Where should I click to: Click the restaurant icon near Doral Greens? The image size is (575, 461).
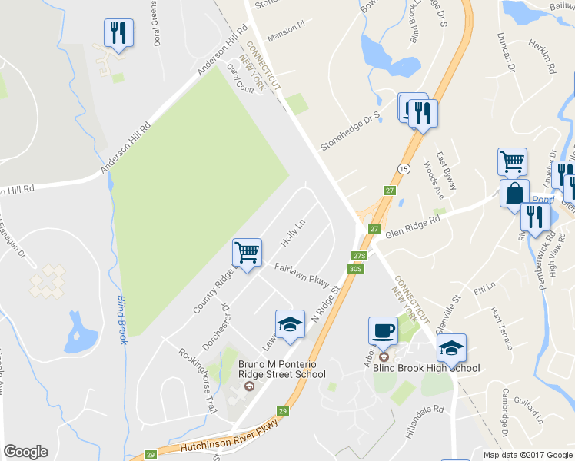pyautogui.click(x=118, y=32)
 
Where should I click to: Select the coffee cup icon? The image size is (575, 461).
pyautogui.click(x=383, y=332)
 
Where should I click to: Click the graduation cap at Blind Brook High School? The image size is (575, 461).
pyautogui.click(x=452, y=348)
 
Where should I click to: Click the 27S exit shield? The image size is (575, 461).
pyautogui.click(x=358, y=256)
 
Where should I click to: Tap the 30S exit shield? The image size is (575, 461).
pyautogui.click(x=354, y=268)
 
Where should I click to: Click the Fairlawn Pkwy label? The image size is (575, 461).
pyautogui.click(x=303, y=275)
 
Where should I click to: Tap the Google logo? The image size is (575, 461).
pyautogui.click(x=25, y=452)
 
